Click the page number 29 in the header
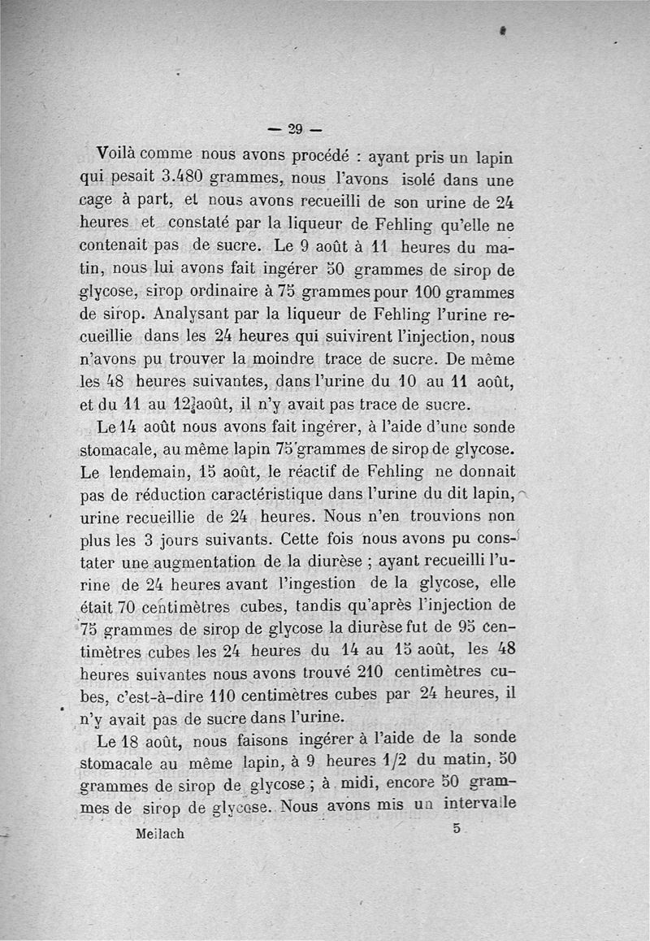coord(294,128)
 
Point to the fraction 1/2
coord(404,764)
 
